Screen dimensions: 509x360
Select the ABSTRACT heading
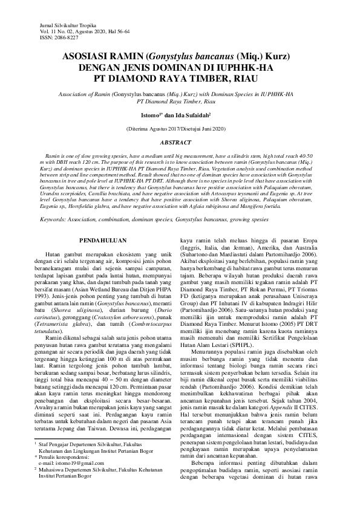click(x=180, y=143)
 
